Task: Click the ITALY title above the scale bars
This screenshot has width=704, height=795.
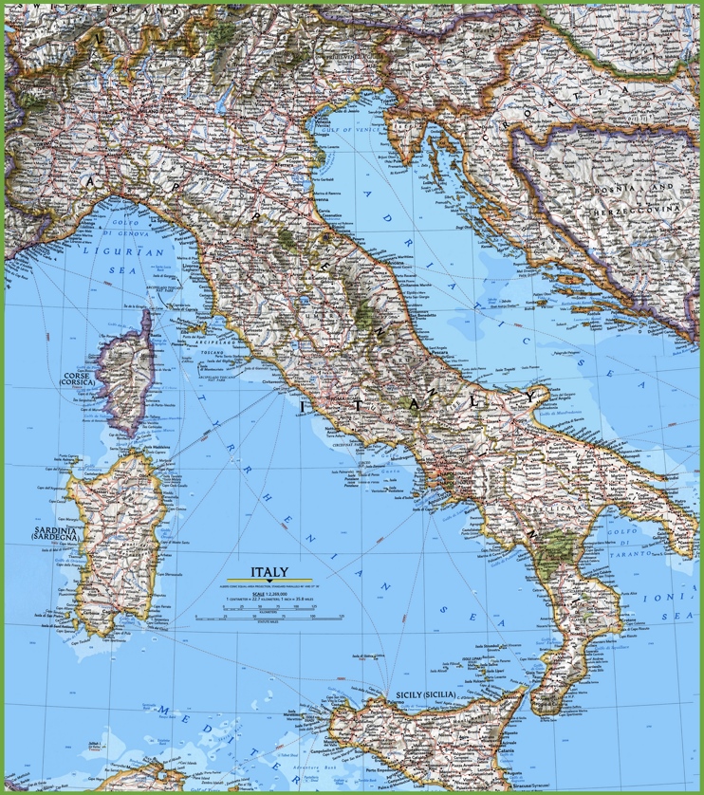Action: point(269,572)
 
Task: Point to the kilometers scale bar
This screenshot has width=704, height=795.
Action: point(269,614)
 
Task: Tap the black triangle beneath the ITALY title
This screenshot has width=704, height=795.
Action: point(269,582)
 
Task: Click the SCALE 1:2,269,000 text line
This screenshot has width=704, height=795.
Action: point(269,593)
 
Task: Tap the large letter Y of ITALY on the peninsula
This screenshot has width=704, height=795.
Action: point(532,396)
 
